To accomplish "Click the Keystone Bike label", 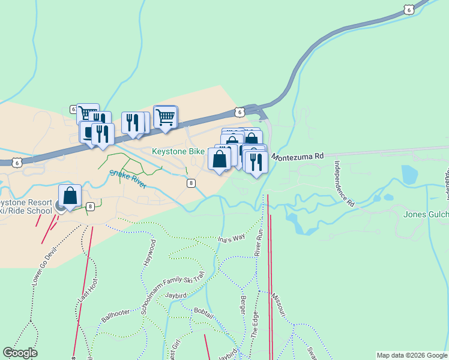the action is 178,152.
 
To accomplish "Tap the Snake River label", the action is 128,178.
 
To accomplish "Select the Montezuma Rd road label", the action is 297,156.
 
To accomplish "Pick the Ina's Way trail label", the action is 232,238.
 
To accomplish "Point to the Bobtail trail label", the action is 203,311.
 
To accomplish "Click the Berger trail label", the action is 243,307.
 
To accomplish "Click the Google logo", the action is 20,353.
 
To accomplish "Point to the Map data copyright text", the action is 412,355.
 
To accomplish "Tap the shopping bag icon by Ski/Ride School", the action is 70,196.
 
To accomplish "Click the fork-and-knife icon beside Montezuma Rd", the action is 256,162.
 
